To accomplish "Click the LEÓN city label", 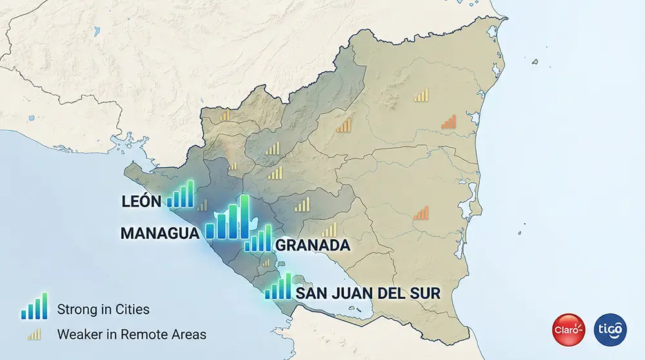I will pyautogui.click(x=141, y=202).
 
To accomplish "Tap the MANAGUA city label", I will pyautogui.click(x=159, y=234).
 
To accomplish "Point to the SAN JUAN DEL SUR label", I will pyautogui.click(x=368, y=294).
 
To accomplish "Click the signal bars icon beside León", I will pyautogui.click(x=180, y=195).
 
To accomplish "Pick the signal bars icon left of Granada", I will pyautogui.click(x=258, y=239).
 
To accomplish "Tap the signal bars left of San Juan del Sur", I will pyautogui.click(x=278, y=287).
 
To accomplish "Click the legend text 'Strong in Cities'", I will pyautogui.click(x=103, y=310).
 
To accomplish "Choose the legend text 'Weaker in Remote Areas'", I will pyautogui.click(x=132, y=334).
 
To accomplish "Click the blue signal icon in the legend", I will pyautogui.click(x=34, y=306).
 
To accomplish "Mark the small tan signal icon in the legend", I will pyautogui.click(x=34, y=334).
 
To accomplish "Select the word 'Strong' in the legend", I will pyautogui.click(x=76, y=310).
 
